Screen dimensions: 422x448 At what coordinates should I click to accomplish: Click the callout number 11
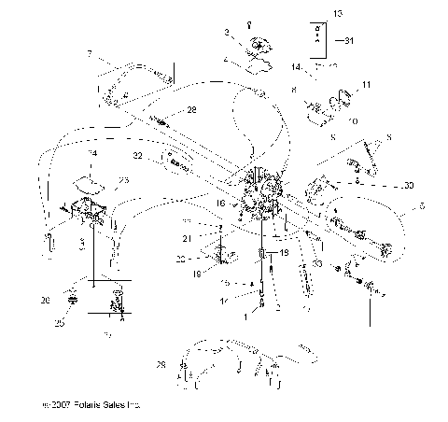click(367, 85)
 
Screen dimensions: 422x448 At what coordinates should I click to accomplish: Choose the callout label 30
click(410, 185)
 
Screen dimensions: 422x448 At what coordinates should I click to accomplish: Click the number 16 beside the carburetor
click(219, 202)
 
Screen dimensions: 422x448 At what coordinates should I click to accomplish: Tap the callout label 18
click(197, 275)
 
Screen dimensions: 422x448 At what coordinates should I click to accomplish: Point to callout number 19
click(285, 253)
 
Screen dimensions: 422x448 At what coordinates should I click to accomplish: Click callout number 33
click(318, 265)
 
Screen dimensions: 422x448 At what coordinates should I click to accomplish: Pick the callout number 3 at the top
click(225, 33)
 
